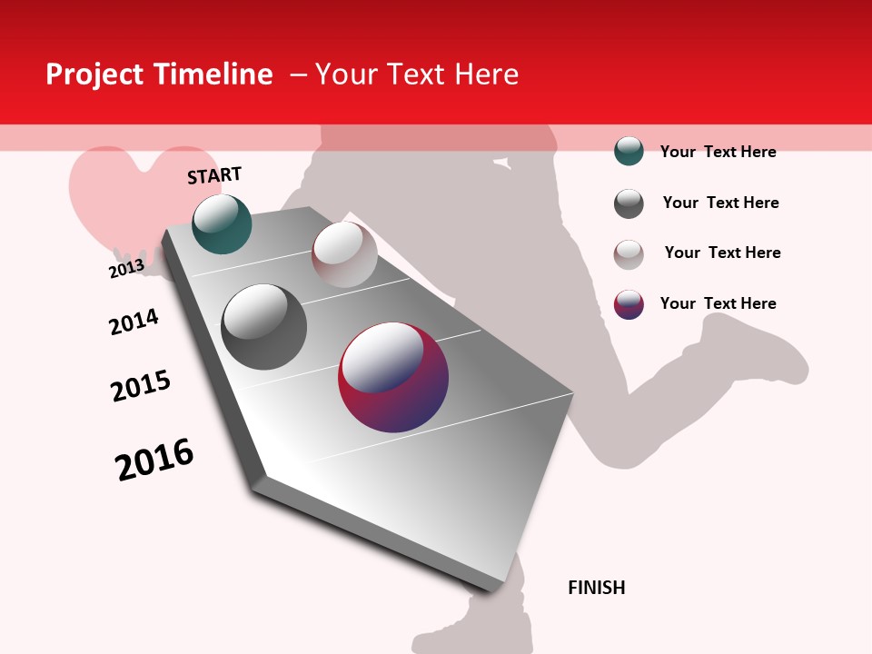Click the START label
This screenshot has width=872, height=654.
coord(214,175)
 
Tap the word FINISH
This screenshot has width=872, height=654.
coord(596,588)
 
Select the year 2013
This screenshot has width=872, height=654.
coord(126,268)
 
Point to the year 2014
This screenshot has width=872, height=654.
coord(134,322)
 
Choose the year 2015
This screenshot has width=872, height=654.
coord(141,386)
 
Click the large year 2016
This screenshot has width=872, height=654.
coord(154,459)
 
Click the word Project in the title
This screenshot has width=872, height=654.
coord(94,74)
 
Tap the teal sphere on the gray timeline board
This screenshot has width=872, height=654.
coord(222,224)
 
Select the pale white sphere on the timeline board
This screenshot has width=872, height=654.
coord(344,254)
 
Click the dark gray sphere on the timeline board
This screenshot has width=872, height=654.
coord(263,327)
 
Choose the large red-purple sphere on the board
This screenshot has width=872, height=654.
coord(393,377)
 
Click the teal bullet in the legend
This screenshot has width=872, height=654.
coord(629,151)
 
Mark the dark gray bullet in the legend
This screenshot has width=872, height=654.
coord(629,203)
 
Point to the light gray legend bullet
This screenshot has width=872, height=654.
coord(629,254)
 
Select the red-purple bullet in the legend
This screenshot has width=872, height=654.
coord(629,304)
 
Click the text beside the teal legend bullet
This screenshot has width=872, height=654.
coord(718,152)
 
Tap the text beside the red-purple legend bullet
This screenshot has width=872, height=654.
coord(718,303)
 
